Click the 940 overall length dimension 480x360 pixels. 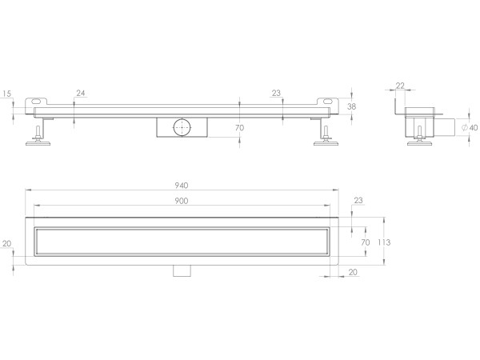pyautogui.click(x=183, y=186)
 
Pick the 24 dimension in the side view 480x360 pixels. pyautogui.click(x=80, y=94)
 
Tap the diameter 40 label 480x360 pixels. pyautogui.click(x=472, y=127)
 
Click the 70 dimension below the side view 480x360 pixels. pyautogui.click(x=239, y=127)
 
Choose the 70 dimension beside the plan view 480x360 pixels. pyautogui.click(x=365, y=241)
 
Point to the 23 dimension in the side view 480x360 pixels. pyautogui.click(x=276, y=94)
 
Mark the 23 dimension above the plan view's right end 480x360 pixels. pyautogui.click(x=358, y=200)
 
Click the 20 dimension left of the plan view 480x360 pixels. pyautogui.click(x=7, y=244)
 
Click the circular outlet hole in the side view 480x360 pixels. pyautogui.click(x=180, y=126)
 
